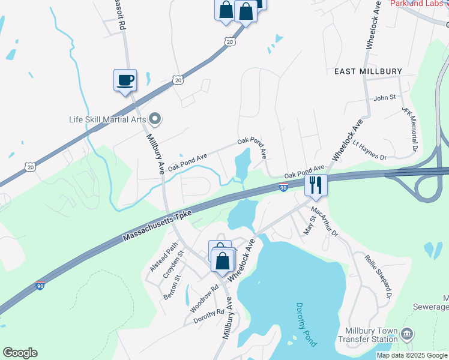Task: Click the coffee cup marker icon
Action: coord(125,80)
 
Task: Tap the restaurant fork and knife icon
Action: coord(315,184)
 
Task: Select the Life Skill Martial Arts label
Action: coord(107,119)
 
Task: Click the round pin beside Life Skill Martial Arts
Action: coord(155,119)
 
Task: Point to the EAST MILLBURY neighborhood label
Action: coord(368,71)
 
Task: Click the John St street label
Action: coord(385,97)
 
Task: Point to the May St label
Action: coord(309,227)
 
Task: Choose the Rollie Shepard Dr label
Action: coord(378,276)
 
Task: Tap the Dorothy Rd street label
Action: coord(208,317)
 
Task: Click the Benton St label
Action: coord(172,287)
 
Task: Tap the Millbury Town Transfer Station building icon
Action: coord(406,334)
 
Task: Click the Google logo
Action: coord(20,353)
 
